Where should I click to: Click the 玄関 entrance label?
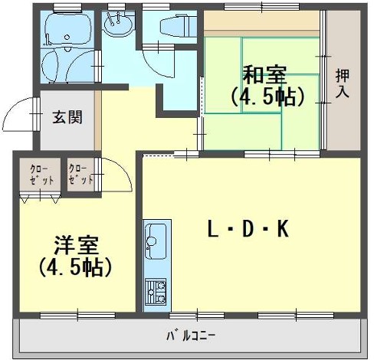coord(67,117)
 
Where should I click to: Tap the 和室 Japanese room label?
coord(264,74)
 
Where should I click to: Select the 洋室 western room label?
coord(76,245)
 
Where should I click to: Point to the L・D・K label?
coord(248,229)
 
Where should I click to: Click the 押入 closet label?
coord(343,83)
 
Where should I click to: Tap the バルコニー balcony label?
coord(191,335)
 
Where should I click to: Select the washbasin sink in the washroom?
coord(118,25)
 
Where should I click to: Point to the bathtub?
coord(67,29)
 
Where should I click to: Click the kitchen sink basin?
coord(155,241)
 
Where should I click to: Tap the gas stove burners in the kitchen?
coord(156,292)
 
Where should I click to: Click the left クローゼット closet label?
coord(41,175)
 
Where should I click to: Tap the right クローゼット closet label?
coord(80,175)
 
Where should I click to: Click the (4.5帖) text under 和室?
coord(267,97)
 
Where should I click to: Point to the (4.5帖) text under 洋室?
coord(76,267)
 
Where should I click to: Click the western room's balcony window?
coord(78,316)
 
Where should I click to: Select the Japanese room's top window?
coord(262,7)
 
